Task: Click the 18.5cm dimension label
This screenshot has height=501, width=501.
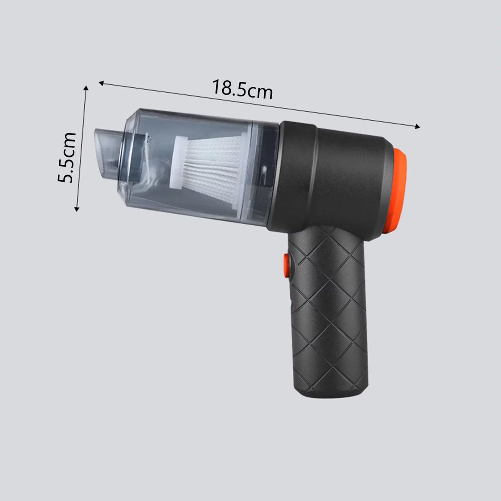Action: pos(242,90)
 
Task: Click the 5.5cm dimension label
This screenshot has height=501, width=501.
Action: pos(66,158)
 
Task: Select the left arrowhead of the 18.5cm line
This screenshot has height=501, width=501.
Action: pos(101,83)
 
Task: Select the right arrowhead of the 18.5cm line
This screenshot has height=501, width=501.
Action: pos(417,127)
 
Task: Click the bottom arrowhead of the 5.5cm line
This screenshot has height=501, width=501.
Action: pos(76,208)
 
